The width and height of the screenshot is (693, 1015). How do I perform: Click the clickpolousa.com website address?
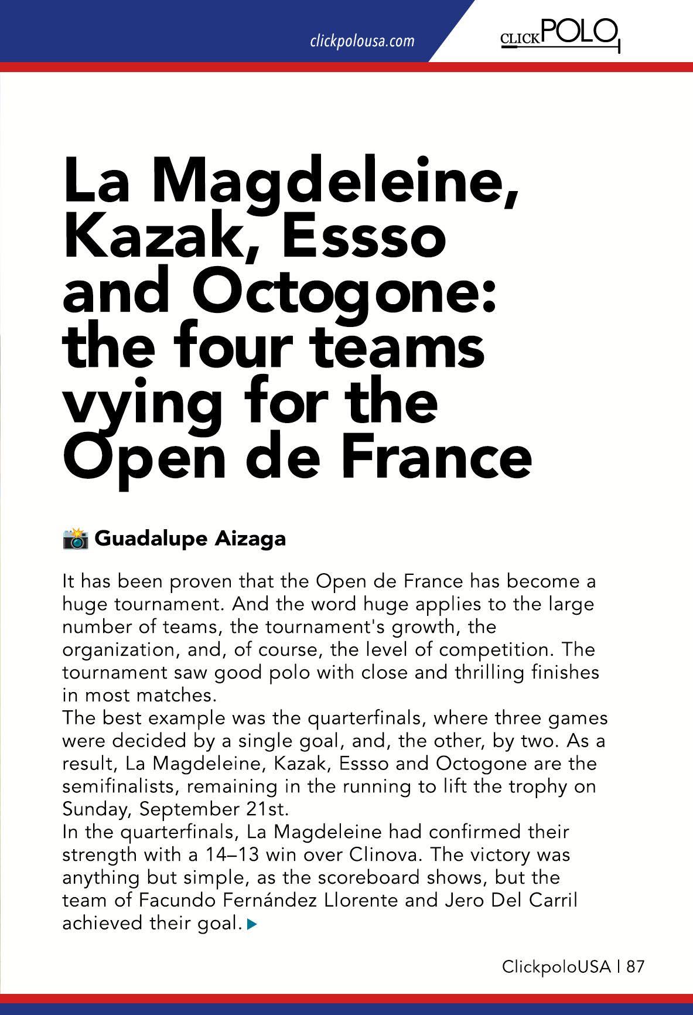coord(361,41)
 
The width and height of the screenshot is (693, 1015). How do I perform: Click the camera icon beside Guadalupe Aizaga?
coord(75,538)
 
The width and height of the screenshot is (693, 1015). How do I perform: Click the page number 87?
coord(635,966)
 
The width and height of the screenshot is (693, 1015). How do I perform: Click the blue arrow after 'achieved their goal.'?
coord(252,925)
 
